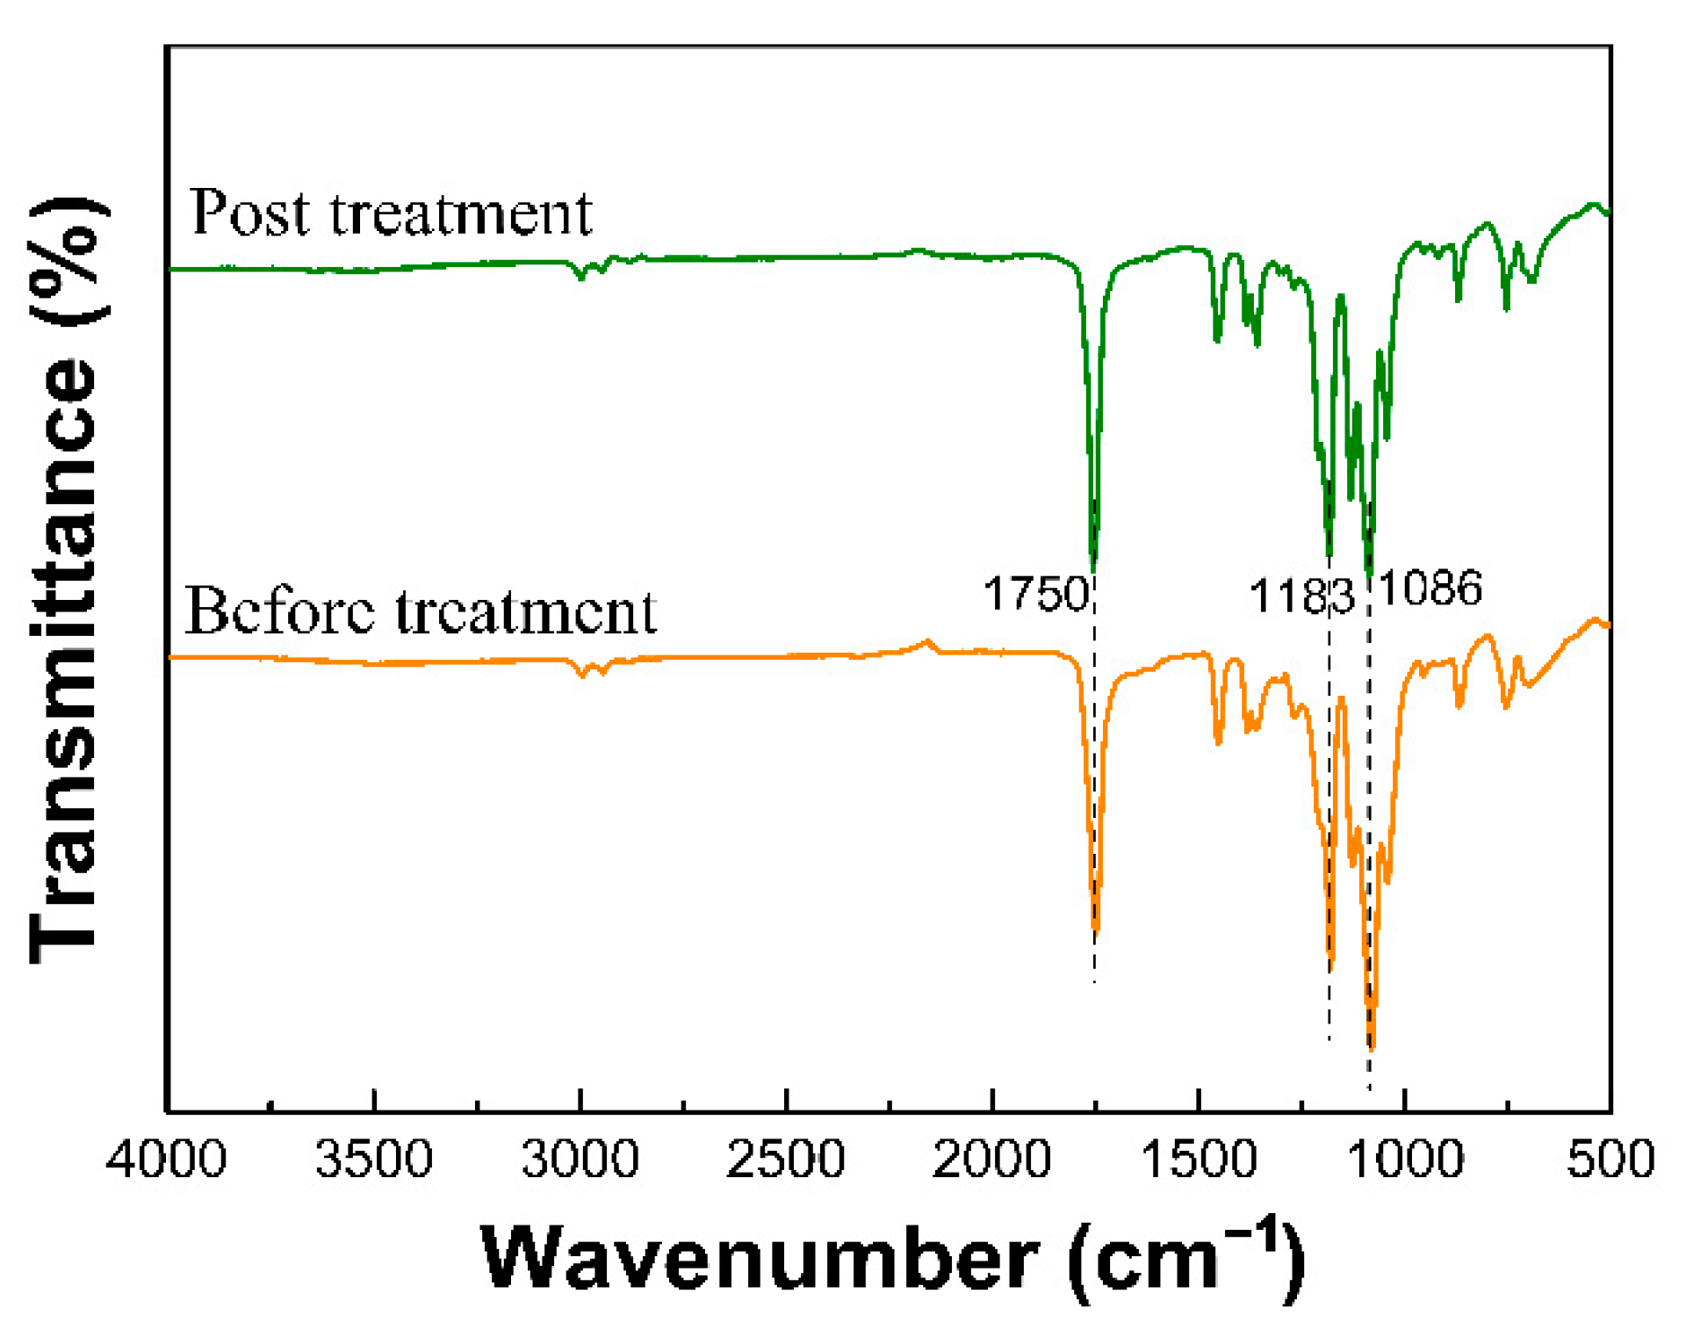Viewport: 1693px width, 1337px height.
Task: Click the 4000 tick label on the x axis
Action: (x=166, y=1160)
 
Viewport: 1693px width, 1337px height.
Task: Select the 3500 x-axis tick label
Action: (x=374, y=1160)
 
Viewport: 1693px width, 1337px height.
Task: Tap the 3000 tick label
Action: (x=580, y=1160)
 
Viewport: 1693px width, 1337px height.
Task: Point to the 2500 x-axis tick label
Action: (x=786, y=1160)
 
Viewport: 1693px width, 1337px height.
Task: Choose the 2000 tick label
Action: (x=992, y=1160)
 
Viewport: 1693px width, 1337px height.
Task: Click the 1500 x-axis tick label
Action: (x=1199, y=1160)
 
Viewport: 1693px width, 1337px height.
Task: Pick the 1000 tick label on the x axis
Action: (x=1405, y=1160)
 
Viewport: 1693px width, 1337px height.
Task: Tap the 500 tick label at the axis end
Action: (x=1610, y=1160)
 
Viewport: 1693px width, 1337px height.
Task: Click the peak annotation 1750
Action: (x=1036, y=595)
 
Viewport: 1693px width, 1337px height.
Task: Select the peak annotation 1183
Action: (x=1301, y=597)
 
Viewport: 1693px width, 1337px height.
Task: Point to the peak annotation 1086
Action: (x=1430, y=589)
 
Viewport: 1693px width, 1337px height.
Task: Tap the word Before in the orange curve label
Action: (x=280, y=611)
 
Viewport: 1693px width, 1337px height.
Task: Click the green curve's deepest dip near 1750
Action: (x=1093, y=567)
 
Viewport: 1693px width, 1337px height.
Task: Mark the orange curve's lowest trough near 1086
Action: (x=1372, y=1045)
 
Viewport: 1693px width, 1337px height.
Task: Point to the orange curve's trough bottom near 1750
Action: (x=1095, y=929)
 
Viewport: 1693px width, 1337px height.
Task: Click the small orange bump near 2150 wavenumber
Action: (x=927, y=643)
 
